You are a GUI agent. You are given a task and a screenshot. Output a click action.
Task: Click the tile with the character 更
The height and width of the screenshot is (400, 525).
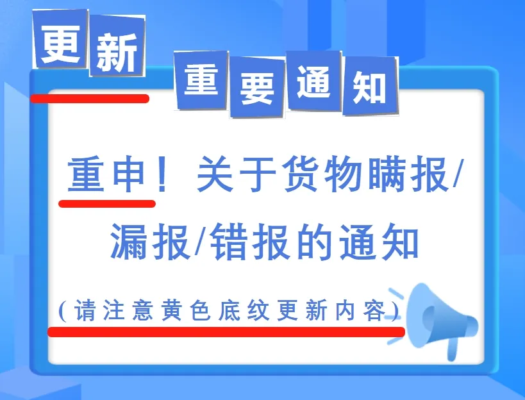click(60, 39)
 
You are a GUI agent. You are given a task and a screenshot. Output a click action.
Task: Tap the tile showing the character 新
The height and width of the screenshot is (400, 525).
click(117, 46)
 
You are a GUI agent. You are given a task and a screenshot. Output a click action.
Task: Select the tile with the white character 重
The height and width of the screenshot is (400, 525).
click(201, 81)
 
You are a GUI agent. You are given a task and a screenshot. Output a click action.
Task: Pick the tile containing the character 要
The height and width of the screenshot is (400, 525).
click(257, 87)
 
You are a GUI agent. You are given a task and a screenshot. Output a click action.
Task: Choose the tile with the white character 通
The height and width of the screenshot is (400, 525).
click(313, 81)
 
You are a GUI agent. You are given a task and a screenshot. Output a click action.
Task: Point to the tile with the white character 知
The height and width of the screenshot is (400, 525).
click(370, 86)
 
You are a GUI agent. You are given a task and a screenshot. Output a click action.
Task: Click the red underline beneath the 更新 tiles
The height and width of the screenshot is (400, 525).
click(90, 99)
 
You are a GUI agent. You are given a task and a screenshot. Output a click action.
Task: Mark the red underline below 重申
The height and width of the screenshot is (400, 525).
click(107, 203)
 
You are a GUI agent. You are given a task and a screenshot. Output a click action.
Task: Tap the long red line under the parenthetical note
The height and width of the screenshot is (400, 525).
click(226, 331)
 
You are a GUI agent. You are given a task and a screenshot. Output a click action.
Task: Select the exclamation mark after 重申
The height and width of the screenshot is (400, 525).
click(162, 175)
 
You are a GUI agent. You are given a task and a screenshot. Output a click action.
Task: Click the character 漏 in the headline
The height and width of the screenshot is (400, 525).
click(129, 242)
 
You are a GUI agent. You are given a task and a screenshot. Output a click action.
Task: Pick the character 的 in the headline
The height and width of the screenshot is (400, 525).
click(315, 242)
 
